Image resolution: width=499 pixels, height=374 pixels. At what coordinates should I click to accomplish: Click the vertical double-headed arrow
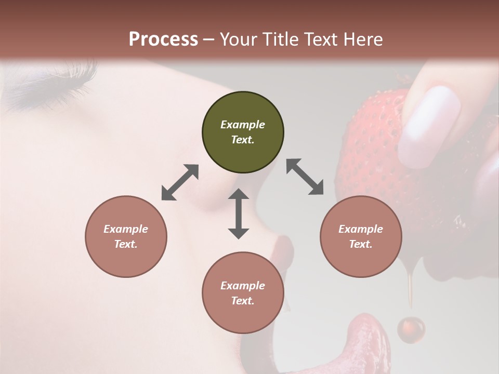click(x=239, y=213)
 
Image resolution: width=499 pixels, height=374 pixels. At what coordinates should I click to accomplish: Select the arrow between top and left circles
click(x=180, y=182)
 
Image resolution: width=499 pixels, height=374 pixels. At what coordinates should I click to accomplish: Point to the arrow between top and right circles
click(x=305, y=177)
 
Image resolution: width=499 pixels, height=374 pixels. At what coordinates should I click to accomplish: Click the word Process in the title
click(x=163, y=39)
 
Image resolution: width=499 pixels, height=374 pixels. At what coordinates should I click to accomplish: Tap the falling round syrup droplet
click(x=411, y=329)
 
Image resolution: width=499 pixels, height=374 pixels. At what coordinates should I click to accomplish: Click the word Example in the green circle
click(x=243, y=125)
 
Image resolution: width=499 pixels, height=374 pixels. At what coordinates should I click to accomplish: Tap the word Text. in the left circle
click(x=126, y=244)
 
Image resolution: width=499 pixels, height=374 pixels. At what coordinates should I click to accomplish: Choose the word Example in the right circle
click(x=361, y=229)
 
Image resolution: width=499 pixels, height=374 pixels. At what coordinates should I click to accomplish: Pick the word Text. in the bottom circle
click(x=243, y=301)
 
